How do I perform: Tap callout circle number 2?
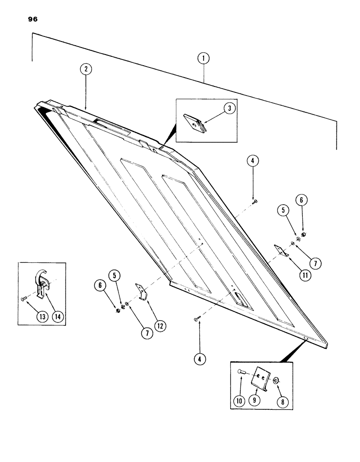pyautogui.click(x=85, y=69)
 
